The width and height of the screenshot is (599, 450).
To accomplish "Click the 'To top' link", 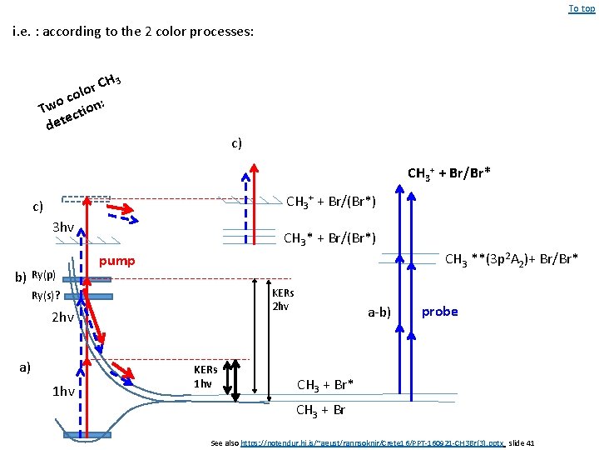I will pos(582,8).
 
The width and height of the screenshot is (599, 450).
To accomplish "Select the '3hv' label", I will pos(63,227).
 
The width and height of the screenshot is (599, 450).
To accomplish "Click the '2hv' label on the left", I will pos(62,317).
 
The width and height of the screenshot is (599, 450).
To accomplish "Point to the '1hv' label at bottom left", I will pos(62,392).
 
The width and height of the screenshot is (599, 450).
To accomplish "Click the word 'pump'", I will pos(116,261).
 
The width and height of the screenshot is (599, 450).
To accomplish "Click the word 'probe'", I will pos(439,311).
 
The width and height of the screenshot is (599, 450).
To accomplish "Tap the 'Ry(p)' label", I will pos(43,275).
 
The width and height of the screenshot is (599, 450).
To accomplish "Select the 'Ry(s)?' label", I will pos(45,296).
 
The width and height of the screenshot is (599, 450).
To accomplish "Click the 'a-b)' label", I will pos(379,312).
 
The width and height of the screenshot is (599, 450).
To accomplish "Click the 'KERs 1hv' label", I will pos(205,376).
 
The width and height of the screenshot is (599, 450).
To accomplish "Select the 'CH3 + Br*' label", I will pos(325,384).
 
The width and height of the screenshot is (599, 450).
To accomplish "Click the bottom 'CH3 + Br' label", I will pos(321,410).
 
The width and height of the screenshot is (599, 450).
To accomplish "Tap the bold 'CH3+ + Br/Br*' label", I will pos(448,173).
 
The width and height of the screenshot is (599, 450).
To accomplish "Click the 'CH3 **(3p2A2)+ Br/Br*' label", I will pos(512,259).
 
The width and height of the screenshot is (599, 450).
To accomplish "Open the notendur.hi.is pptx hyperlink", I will pos(372,442).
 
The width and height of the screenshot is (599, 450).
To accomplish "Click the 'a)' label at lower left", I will pos(25,366).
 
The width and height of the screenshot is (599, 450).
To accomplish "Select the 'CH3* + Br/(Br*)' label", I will pos(329,239).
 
